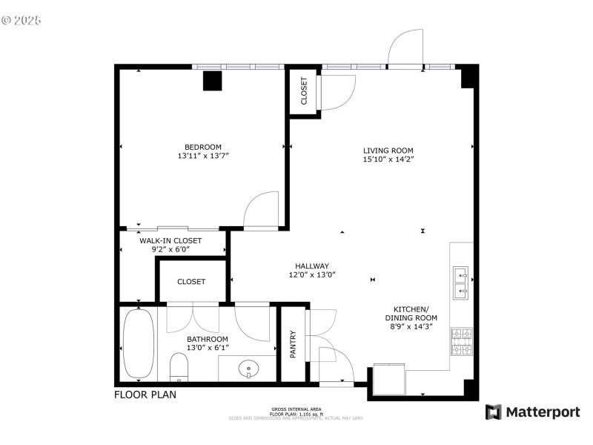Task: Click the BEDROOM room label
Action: (x=203, y=147)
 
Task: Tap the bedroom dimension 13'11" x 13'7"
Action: (x=203, y=156)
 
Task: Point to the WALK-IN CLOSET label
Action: (x=170, y=240)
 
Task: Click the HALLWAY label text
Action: (x=312, y=266)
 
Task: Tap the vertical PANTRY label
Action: (x=292, y=344)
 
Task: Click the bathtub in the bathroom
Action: (x=138, y=343)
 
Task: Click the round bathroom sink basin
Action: (x=248, y=367)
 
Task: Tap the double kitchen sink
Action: (x=461, y=281)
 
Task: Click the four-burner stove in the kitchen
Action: (x=461, y=341)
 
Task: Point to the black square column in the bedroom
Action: (x=213, y=81)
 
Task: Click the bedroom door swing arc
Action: (x=261, y=208)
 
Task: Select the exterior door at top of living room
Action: (x=405, y=48)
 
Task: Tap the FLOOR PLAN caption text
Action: (x=145, y=395)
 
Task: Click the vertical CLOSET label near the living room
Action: (x=304, y=91)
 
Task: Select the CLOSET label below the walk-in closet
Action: (x=191, y=282)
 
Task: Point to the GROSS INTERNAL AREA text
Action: (x=296, y=409)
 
